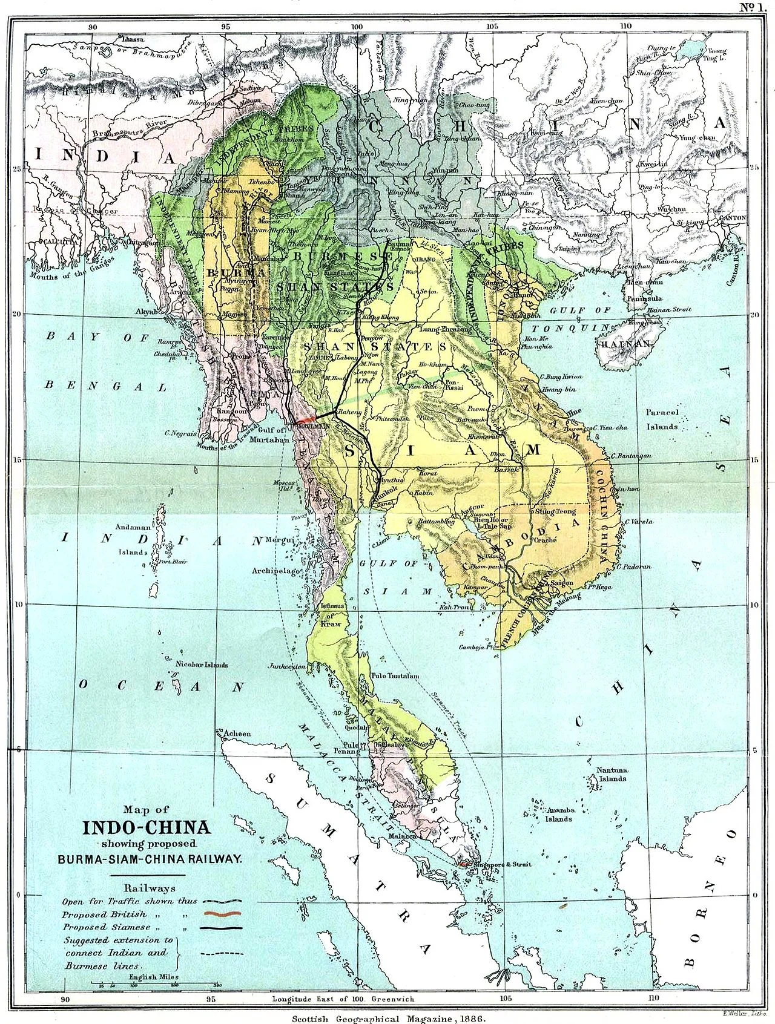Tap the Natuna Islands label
(610, 773)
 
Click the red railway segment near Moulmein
(307, 418)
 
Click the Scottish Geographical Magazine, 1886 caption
(387, 1017)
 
